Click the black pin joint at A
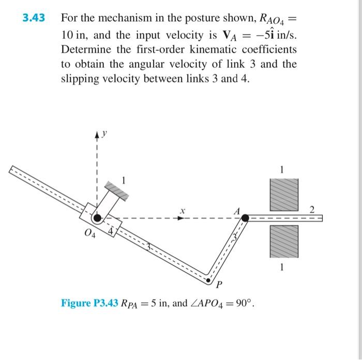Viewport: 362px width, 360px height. point(245,218)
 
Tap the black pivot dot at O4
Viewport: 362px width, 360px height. point(97,218)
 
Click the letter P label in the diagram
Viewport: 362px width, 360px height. point(219,285)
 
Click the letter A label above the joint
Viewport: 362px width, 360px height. point(237,210)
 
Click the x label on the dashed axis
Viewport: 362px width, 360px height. point(182,210)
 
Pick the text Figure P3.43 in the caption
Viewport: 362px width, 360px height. point(89,303)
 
